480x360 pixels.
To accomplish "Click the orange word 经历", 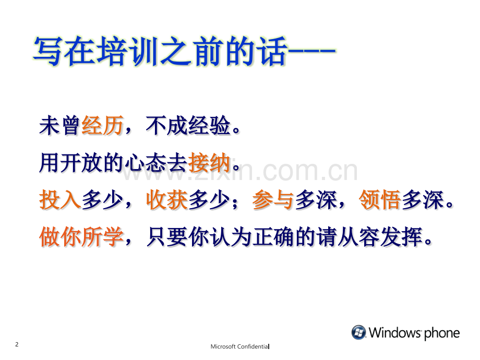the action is (102, 125).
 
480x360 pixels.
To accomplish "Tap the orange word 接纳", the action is (209, 162).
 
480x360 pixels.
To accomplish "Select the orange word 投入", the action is (61, 200).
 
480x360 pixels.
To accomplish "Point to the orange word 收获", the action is (167, 200).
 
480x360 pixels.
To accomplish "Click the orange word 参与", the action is (273, 200).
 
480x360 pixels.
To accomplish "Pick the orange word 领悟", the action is (380, 200).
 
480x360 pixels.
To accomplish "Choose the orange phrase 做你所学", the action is (81, 237).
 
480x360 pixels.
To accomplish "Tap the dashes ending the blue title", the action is (311, 51).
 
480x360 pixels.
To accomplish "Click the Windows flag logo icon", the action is (358, 332).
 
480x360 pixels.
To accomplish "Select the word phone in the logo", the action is (442, 333).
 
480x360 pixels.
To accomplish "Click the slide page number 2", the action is (17, 344).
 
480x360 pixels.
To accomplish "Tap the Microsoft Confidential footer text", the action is (239, 346).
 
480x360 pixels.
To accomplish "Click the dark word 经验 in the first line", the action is (209, 125).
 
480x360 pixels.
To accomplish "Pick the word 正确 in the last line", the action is (273, 237).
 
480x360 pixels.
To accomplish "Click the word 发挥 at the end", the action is (401, 237).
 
